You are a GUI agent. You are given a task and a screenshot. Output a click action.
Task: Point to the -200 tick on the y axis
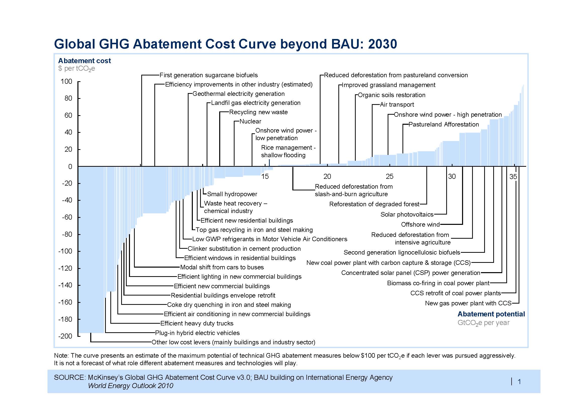point(79,336)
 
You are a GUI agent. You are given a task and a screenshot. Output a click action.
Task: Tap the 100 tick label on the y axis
point(66,81)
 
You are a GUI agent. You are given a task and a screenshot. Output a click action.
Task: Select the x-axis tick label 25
point(389,176)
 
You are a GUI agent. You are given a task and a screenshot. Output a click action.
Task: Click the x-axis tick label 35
point(513,176)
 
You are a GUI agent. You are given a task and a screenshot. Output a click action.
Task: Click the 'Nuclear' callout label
point(250,121)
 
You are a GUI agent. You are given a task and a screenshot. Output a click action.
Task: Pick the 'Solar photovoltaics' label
point(407,214)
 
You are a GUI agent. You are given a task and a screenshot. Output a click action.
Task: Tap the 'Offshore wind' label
point(420,225)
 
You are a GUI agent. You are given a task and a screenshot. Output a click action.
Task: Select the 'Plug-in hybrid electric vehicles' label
point(197,333)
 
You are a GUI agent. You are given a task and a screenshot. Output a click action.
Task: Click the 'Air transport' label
point(397,105)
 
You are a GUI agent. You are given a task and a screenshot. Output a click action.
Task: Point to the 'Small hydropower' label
point(232,194)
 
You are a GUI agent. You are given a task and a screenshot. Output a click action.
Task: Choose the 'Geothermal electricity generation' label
point(238,94)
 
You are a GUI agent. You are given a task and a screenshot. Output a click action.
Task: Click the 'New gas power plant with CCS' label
point(468,303)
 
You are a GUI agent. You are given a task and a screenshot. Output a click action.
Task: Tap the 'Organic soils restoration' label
point(392,95)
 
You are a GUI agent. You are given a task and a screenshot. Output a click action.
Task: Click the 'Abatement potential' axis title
point(491,314)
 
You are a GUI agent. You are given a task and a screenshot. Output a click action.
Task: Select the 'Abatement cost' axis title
point(84,61)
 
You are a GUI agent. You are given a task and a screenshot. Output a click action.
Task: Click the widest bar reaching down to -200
point(91,250)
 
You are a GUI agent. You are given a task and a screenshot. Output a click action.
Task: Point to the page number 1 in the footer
point(519,382)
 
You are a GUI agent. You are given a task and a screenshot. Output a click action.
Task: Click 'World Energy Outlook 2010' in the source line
point(131,386)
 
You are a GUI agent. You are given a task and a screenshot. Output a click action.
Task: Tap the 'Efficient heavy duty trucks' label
point(197,323)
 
